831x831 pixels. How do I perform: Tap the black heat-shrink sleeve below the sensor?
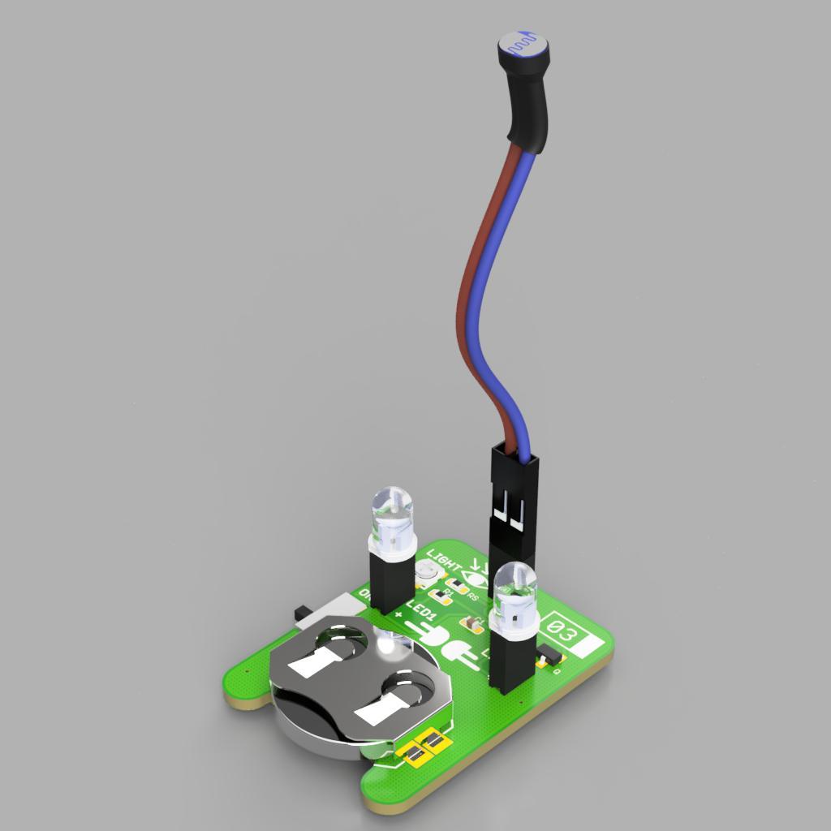click(527, 114)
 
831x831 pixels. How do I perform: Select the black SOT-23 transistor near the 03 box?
click(548, 657)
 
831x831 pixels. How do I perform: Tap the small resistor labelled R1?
click(443, 595)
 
